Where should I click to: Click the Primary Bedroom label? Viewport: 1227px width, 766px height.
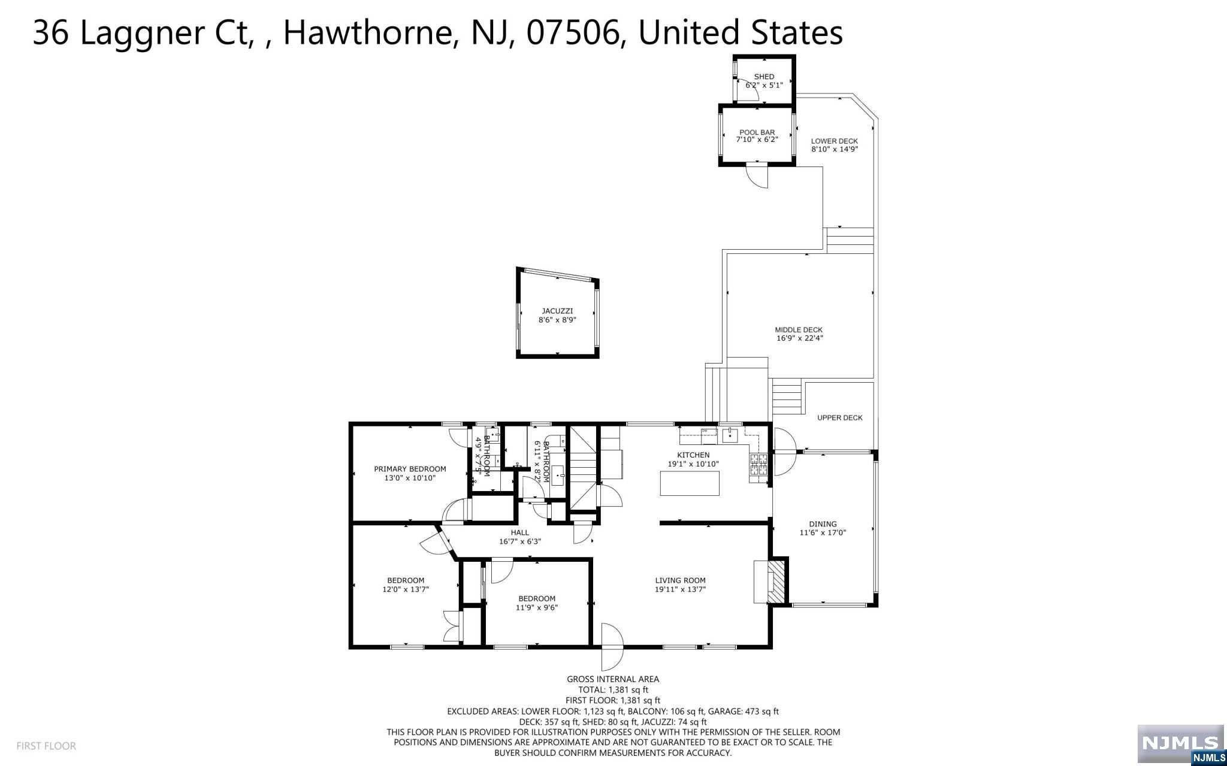pyautogui.click(x=410, y=469)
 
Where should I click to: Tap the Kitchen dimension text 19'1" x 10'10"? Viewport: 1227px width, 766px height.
pyautogui.click(x=693, y=464)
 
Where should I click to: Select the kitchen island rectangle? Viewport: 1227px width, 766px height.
pyautogui.click(x=690, y=483)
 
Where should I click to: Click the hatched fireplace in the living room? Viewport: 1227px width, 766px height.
pyautogui.click(x=776, y=582)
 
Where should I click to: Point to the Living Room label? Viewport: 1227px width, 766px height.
pyautogui.click(x=680, y=580)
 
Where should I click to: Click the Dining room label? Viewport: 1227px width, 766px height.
pyautogui.click(x=823, y=524)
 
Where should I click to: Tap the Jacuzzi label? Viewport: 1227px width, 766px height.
pyautogui.click(x=557, y=311)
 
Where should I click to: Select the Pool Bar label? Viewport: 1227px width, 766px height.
pyautogui.click(x=757, y=132)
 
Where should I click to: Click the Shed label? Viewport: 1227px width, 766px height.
pyautogui.click(x=764, y=77)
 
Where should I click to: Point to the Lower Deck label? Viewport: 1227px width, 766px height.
pyautogui.click(x=835, y=141)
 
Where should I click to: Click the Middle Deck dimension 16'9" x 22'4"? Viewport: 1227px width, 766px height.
pyautogui.click(x=800, y=338)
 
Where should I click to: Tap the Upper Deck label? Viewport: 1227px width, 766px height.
pyautogui.click(x=840, y=417)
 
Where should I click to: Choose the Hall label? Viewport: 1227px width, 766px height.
pyautogui.click(x=520, y=532)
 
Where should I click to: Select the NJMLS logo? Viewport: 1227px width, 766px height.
pyautogui.click(x=1180, y=745)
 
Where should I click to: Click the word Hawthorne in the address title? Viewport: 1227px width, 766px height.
pyautogui.click(x=367, y=33)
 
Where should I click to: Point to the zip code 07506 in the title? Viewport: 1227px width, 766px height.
pyautogui.click(x=573, y=33)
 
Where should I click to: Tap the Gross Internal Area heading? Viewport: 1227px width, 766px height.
pyautogui.click(x=613, y=679)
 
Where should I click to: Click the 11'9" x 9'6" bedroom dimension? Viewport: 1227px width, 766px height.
pyautogui.click(x=537, y=607)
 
